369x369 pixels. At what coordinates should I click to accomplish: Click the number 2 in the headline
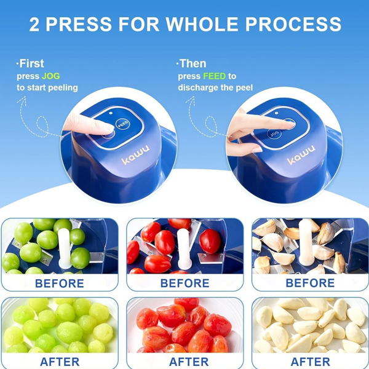point(34,24)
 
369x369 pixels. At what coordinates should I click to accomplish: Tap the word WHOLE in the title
point(202,24)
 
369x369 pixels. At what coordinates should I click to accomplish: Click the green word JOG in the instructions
point(51,76)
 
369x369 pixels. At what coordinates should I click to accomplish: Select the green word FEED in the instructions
point(215,76)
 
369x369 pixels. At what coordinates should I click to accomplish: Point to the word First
point(31,63)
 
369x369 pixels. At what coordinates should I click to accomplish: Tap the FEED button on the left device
point(123,124)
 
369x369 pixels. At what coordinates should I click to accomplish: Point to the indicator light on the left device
point(111,113)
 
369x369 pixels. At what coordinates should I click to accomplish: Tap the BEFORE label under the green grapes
point(60,284)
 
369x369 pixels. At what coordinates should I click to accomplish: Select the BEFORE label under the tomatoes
point(184,283)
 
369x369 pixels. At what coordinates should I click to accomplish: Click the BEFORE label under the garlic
point(310,283)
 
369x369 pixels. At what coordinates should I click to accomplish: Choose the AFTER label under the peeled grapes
point(60,362)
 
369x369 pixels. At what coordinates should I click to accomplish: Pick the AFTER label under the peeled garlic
point(310,362)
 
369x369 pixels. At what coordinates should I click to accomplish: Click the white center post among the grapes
point(64,248)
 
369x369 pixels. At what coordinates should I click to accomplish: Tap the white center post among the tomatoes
point(184,248)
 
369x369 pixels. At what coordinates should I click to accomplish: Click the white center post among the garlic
point(307,242)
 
